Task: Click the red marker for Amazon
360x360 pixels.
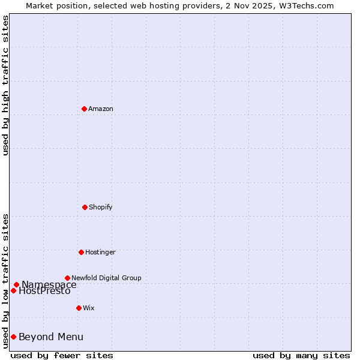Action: (x=85, y=109)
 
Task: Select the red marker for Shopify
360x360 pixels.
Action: (x=85, y=207)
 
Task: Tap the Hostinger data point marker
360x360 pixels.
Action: (x=81, y=252)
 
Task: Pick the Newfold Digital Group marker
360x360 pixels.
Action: (x=67, y=278)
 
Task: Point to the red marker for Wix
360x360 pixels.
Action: (x=79, y=308)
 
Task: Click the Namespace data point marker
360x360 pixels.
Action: (x=16, y=284)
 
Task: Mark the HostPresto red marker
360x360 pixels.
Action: (x=13, y=290)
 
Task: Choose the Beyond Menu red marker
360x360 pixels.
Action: (x=13, y=337)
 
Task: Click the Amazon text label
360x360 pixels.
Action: (x=101, y=109)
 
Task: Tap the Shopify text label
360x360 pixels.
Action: (x=101, y=207)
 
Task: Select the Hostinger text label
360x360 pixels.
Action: (x=100, y=252)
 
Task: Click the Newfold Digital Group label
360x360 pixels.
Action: (x=106, y=278)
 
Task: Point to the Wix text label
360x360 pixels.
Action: (x=89, y=308)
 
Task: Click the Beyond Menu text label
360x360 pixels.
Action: (x=51, y=337)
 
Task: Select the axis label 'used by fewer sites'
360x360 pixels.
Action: (x=62, y=355)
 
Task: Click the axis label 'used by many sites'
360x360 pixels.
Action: (x=301, y=355)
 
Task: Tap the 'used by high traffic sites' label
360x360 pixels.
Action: (x=5, y=85)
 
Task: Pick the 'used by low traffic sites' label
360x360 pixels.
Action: (x=5, y=281)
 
